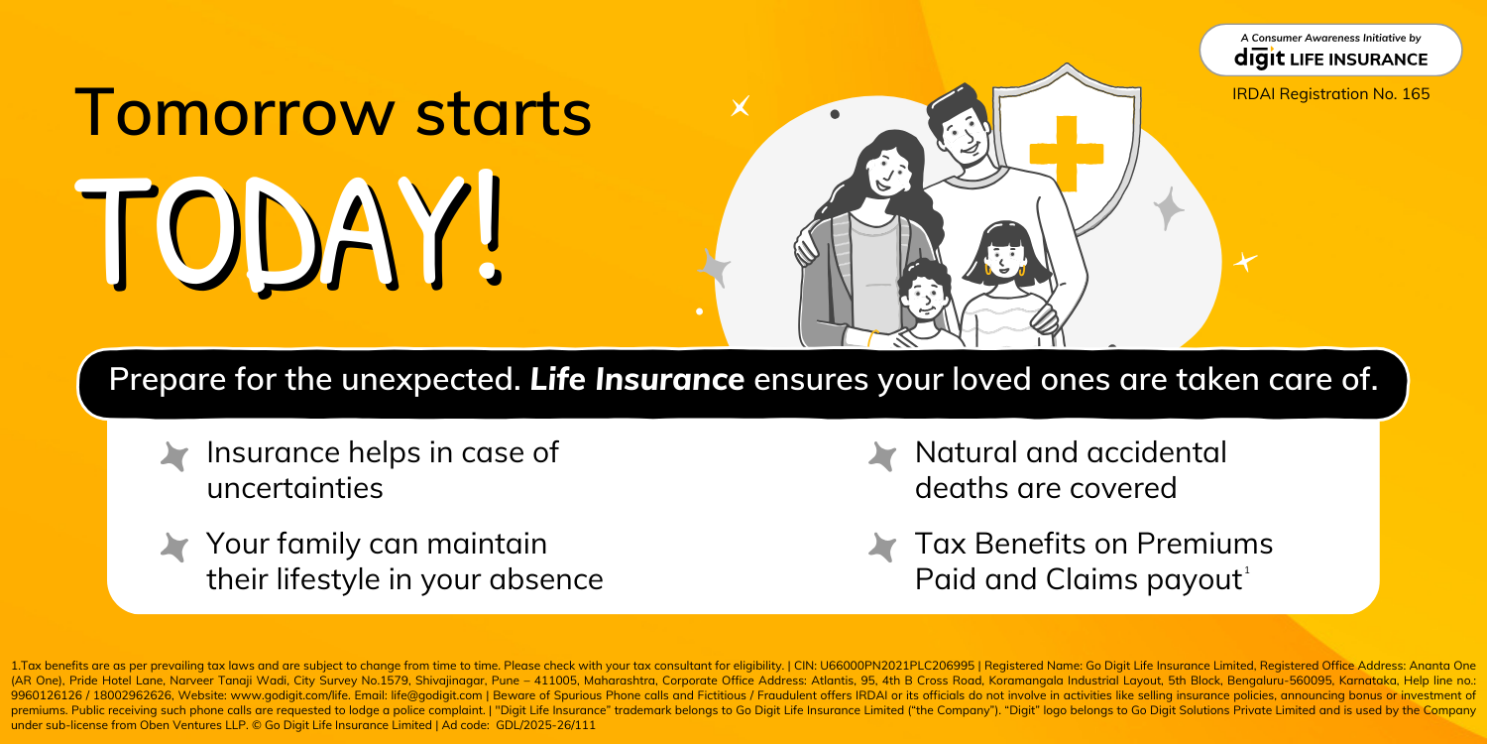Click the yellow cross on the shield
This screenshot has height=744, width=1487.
click(1066, 154)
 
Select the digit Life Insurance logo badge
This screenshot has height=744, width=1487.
click(1330, 51)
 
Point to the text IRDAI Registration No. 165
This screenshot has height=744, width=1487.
click(1331, 94)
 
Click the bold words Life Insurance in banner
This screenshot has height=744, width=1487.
click(636, 379)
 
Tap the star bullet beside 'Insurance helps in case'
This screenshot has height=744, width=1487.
click(174, 456)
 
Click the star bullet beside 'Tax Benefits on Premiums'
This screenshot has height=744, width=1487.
click(882, 548)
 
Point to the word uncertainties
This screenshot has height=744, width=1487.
click(294, 488)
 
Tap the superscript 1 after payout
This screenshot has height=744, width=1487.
click(1247, 570)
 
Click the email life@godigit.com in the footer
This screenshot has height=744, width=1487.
click(437, 695)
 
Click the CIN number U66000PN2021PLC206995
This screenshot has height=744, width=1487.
click(897, 666)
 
